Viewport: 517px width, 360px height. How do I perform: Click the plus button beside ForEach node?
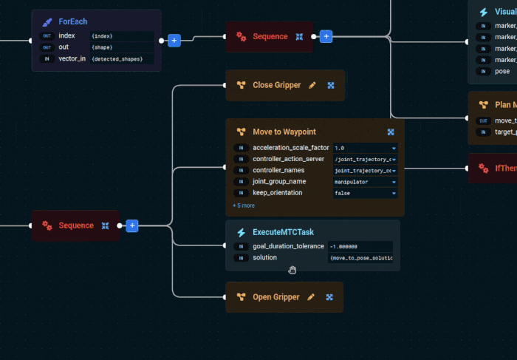[x=174, y=40]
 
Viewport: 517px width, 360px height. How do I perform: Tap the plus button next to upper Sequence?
[x=326, y=36]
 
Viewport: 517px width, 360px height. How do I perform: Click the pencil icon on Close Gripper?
[x=312, y=86]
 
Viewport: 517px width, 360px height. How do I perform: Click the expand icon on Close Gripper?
[x=331, y=86]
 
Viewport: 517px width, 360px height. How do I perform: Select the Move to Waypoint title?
[x=284, y=132]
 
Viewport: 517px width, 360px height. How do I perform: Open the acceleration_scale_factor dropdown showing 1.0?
[x=365, y=148]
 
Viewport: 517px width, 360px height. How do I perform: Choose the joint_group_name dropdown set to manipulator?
[x=365, y=181]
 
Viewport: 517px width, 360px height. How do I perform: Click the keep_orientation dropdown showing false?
[x=365, y=192]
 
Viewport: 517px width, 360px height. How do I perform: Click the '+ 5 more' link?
[x=244, y=206]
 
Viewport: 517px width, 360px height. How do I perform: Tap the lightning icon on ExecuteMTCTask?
[x=241, y=232]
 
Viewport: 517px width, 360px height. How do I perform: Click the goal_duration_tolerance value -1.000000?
[x=360, y=246]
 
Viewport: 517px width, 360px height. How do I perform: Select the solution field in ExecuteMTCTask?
[x=360, y=257]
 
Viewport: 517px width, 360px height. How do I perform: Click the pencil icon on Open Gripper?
[x=311, y=297]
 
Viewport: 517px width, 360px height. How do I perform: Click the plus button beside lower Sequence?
[x=132, y=225]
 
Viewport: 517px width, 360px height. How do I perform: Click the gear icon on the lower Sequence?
[x=47, y=225]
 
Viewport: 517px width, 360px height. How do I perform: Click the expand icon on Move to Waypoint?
[x=391, y=132]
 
